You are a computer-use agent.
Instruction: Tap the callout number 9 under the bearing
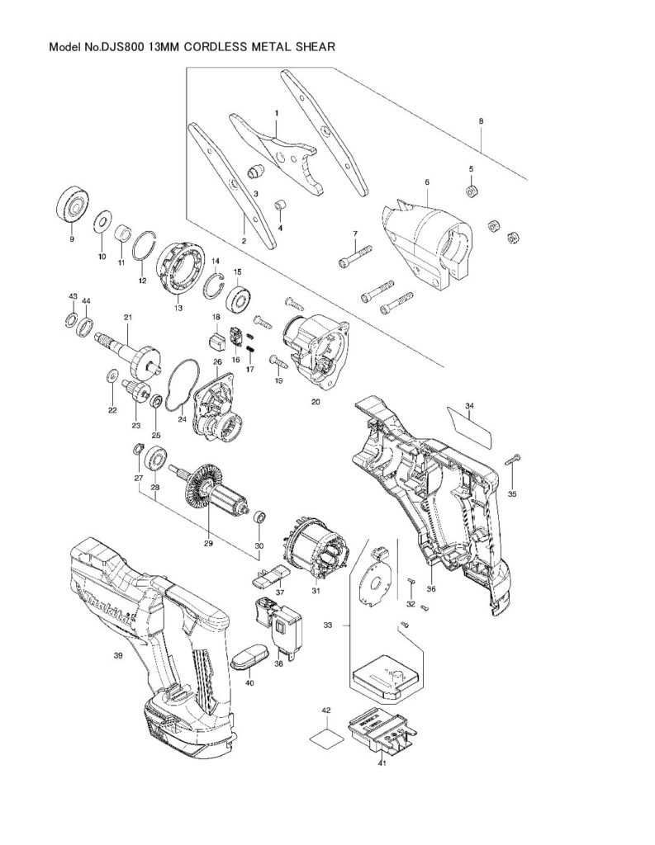(x=71, y=239)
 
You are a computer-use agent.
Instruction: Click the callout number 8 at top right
(x=481, y=120)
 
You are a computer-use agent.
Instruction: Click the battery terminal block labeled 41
(x=379, y=729)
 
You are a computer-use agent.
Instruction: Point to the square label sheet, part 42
(x=325, y=736)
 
